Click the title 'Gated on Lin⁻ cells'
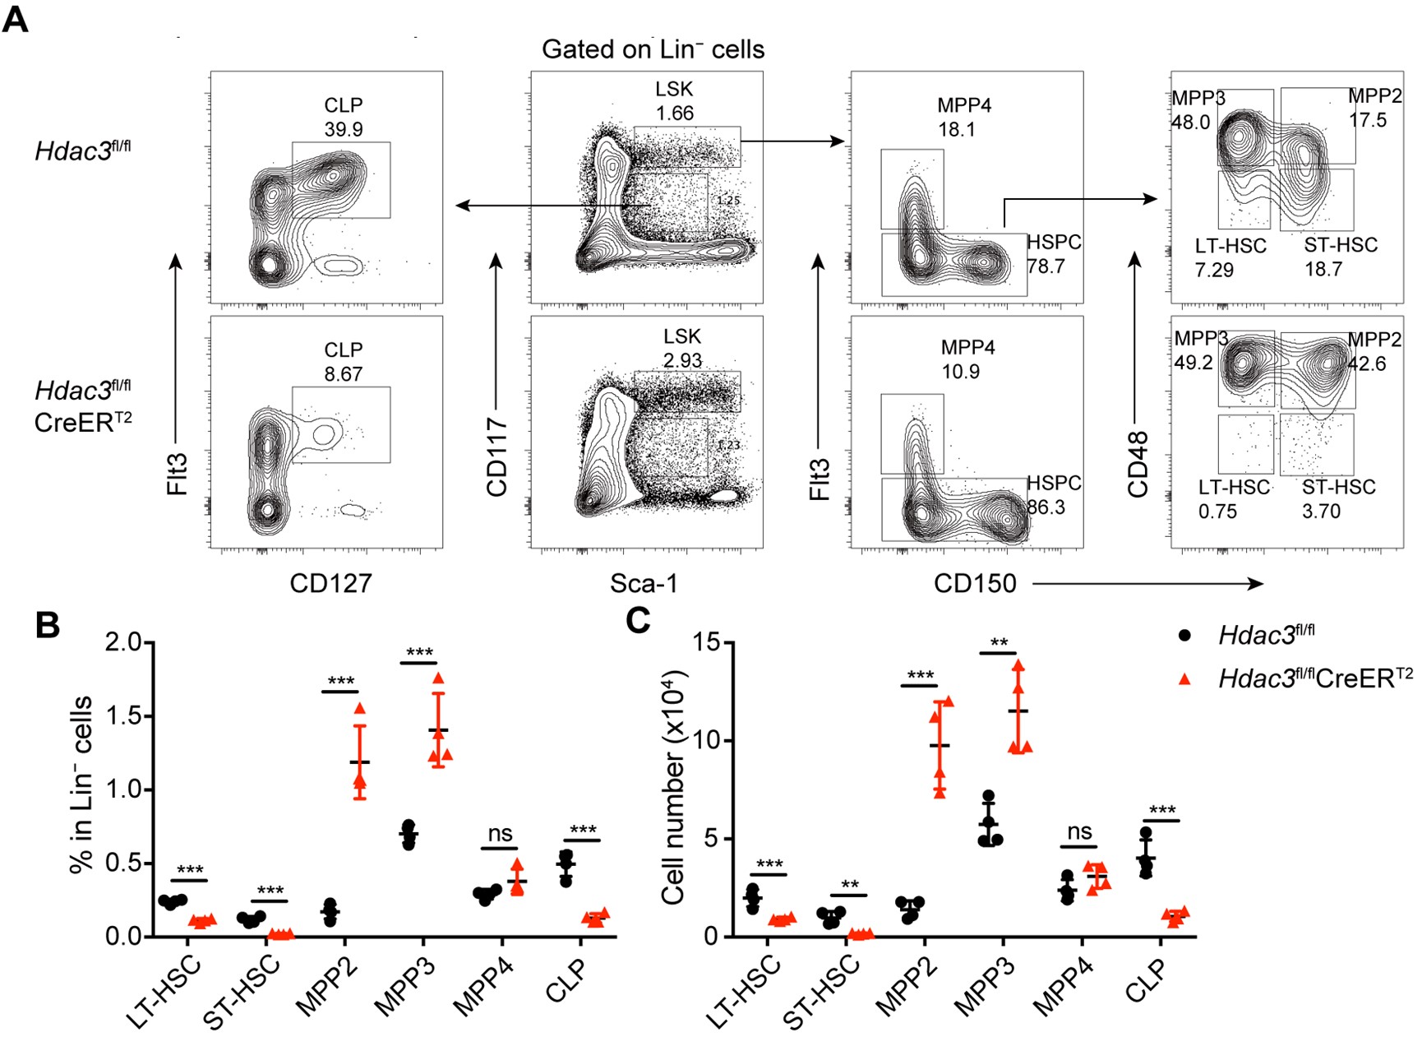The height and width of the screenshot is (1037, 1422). pyautogui.click(x=653, y=49)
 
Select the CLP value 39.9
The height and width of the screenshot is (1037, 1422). pyautogui.click(x=343, y=129)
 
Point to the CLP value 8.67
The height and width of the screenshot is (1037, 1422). pyautogui.click(x=343, y=374)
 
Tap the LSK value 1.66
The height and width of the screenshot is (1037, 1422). pyautogui.click(x=674, y=113)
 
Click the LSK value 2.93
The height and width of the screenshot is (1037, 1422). pyautogui.click(x=682, y=360)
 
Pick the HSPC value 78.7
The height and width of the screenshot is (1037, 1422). pyautogui.click(x=1046, y=266)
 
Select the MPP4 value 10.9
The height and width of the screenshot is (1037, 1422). pyautogui.click(x=960, y=372)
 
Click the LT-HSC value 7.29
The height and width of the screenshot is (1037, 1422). pyautogui.click(x=1214, y=270)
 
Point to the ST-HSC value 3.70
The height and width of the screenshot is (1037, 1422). pyautogui.click(x=1321, y=512)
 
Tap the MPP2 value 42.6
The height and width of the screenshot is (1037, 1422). pyautogui.click(x=1366, y=363)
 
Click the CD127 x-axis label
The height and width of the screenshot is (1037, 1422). pyautogui.click(x=330, y=583)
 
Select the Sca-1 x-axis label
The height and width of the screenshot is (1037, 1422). pyautogui.click(x=644, y=583)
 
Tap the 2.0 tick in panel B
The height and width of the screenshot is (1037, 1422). pyautogui.click(x=123, y=642)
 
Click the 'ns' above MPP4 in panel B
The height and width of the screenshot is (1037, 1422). pyautogui.click(x=500, y=833)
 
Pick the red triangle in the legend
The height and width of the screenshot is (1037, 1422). pyautogui.click(x=1184, y=678)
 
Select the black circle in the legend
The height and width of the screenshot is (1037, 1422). pyautogui.click(x=1184, y=636)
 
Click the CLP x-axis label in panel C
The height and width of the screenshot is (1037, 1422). pyautogui.click(x=1144, y=983)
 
